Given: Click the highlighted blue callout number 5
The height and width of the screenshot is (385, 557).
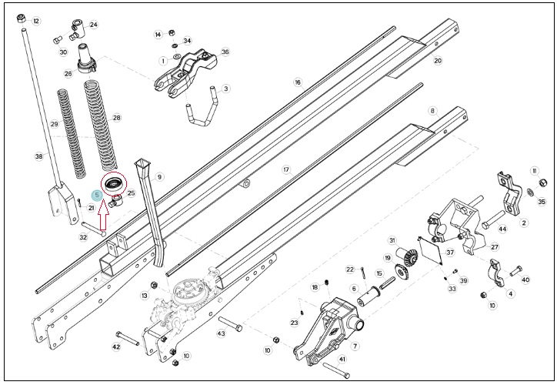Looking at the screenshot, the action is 97,195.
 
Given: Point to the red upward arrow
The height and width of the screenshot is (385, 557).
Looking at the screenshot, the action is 103,216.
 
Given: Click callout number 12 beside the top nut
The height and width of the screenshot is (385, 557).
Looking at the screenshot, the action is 36,22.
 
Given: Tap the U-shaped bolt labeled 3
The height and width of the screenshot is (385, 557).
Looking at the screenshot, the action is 201,108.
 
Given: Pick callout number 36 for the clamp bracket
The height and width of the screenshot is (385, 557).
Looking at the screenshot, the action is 225,52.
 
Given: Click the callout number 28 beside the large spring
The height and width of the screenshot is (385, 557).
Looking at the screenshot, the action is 116,117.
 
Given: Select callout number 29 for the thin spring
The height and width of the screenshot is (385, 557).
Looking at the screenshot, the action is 54,124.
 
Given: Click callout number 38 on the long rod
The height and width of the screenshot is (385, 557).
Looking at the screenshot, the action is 39,156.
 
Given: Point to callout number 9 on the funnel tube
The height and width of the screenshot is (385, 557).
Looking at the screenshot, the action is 159,176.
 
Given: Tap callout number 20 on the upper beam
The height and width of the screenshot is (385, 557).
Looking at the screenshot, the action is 438,60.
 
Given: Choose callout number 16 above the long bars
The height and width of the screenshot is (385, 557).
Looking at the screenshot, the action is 298,82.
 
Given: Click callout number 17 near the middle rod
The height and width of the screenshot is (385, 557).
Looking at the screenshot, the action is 286,170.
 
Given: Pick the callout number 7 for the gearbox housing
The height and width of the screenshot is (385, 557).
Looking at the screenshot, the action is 355,346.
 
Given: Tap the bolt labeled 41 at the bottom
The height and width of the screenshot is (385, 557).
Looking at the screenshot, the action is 336,370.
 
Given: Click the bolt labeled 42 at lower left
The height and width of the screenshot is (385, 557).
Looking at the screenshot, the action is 128,338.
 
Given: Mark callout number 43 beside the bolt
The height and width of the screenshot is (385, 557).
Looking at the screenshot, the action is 221,333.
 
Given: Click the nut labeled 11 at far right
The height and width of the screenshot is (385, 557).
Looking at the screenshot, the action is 543,183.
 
